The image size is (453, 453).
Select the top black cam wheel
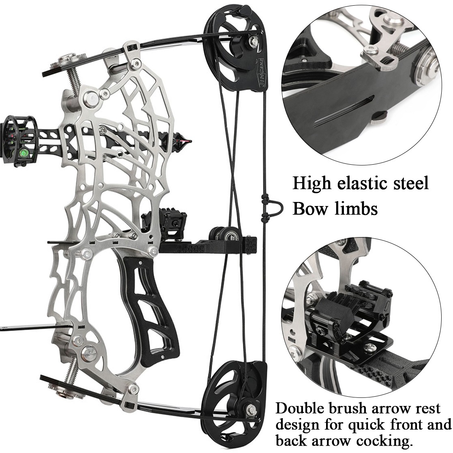(x=236, y=48)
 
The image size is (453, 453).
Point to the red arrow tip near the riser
(x=185, y=141)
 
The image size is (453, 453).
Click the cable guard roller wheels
(x=224, y=234)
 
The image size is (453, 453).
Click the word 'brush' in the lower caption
(x=350, y=408)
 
